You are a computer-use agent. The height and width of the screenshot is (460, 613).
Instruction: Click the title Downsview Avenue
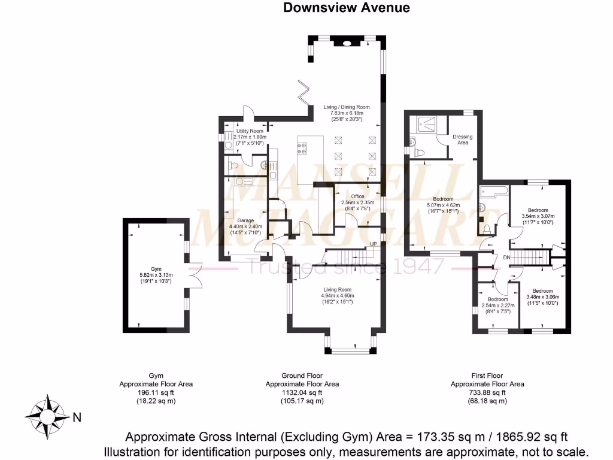point(346,8)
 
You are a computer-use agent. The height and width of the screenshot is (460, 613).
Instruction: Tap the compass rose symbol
point(47,413)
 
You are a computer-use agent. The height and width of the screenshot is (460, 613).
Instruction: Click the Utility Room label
point(250,131)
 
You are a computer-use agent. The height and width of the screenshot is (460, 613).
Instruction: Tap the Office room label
point(357,196)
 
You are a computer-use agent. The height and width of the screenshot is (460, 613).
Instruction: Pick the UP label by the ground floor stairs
point(374,244)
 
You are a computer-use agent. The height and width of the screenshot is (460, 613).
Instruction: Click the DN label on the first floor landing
point(506,258)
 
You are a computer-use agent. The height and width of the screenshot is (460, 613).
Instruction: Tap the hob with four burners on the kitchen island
point(303,147)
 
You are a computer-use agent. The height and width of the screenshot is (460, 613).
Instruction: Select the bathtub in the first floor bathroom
point(494,192)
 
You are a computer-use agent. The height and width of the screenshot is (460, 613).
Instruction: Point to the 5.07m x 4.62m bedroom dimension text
point(444,205)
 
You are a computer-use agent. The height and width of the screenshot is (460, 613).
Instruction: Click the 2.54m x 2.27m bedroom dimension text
point(497,305)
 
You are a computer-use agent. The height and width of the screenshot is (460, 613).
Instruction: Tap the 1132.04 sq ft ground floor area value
point(302,393)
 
